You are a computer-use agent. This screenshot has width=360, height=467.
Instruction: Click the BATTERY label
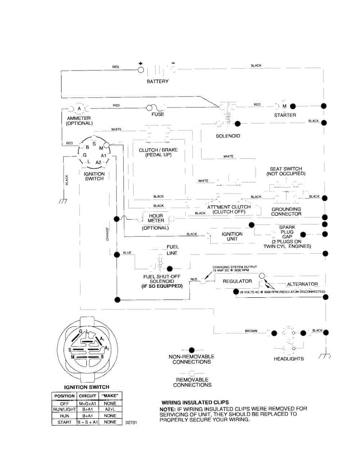click(158, 81)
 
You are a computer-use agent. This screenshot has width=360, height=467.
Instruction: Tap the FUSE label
click(158, 114)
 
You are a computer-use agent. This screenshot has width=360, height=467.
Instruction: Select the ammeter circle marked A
click(79, 108)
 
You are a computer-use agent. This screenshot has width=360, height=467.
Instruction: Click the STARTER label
click(285, 115)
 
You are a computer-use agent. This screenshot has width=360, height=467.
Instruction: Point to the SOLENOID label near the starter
click(228, 136)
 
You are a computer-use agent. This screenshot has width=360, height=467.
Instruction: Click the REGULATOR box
click(237, 281)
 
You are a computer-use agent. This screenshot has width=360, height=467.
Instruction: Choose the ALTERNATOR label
click(302, 284)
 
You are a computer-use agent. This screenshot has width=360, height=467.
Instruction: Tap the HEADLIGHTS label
click(289, 358)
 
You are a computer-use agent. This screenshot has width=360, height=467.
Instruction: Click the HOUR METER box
click(155, 218)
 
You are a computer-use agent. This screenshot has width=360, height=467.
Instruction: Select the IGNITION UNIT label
click(232, 236)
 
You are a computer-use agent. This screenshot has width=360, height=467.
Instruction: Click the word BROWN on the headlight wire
click(251, 331)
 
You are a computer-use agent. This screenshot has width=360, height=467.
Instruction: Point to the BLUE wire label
click(127, 253)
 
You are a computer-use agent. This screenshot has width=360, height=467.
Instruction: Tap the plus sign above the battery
click(140, 63)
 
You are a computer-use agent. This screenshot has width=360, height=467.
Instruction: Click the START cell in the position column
click(64, 422)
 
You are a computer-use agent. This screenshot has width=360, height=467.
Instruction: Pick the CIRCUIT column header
click(87, 396)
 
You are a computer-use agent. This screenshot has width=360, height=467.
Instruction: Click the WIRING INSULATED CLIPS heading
click(195, 402)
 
